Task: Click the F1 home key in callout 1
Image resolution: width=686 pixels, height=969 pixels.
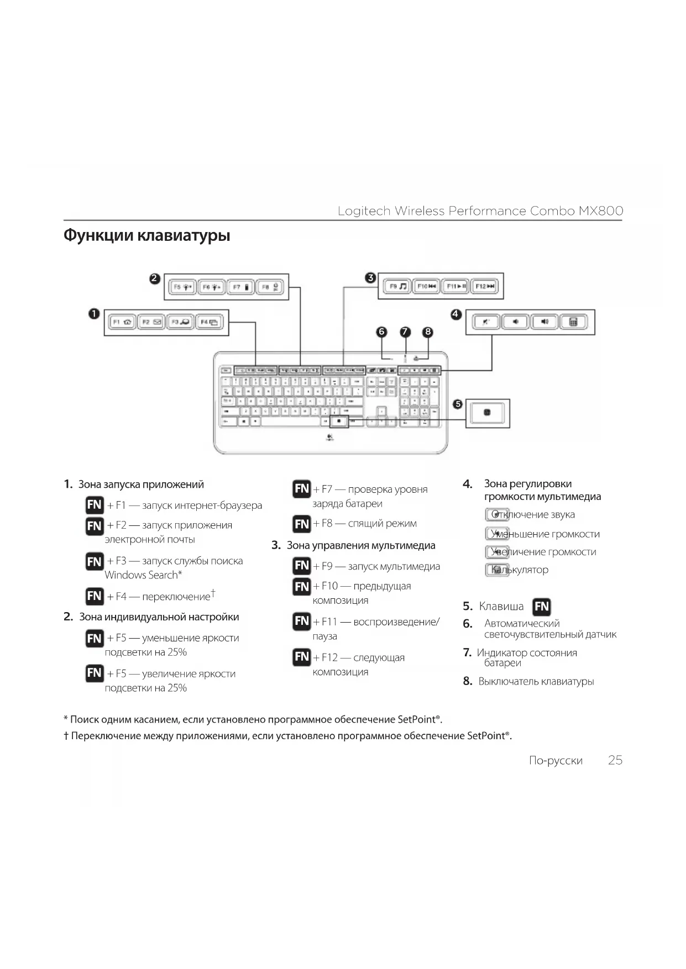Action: point(122,322)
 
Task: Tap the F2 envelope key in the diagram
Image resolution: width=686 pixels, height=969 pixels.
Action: point(151,322)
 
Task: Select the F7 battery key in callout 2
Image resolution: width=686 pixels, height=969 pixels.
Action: point(240,287)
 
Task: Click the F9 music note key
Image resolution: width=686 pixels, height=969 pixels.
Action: point(397,286)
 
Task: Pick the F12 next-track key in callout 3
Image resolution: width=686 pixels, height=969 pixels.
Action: point(485,286)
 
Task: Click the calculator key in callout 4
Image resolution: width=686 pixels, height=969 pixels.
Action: point(573,322)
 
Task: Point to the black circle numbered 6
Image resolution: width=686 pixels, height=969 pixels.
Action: point(381,331)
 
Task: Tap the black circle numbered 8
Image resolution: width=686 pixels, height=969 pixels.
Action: point(428,331)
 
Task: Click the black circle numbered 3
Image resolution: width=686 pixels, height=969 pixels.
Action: point(371,278)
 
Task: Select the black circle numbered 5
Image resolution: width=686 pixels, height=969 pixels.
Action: point(457,404)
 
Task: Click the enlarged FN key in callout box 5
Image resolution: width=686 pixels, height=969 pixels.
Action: point(486,413)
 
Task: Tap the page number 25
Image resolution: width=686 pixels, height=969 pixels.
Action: point(615,760)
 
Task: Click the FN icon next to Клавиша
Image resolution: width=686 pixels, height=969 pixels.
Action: point(542,607)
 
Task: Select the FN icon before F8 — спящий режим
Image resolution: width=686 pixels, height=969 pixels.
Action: point(302,524)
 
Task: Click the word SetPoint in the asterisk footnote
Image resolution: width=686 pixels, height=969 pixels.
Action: point(417,720)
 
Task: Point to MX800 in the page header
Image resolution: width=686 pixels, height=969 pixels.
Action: point(601,211)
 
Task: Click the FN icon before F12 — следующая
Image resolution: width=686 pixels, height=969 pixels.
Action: point(302,657)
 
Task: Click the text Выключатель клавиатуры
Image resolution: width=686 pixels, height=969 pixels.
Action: point(536,682)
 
